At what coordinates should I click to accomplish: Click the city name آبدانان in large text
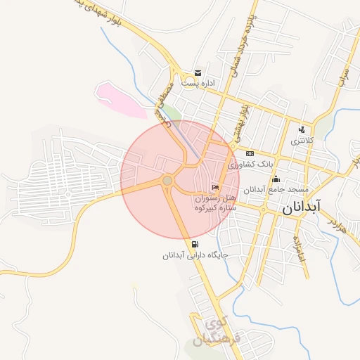pyautogui.click(x=301, y=209)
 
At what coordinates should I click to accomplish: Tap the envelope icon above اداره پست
pyautogui.click(x=198, y=73)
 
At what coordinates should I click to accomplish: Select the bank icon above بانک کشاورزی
pyautogui.click(x=250, y=153)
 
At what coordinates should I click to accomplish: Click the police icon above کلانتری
pyautogui.click(x=302, y=129)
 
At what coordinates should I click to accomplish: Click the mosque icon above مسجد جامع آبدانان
pyautogui.click(x=276, y=179)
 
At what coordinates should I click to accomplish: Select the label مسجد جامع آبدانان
pyautogui.click(x=276, y=189)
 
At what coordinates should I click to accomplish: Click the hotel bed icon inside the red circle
pyautogui.click(x=215, y=188)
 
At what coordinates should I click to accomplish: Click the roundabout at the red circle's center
pyautogui.click(x=167, y=181)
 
